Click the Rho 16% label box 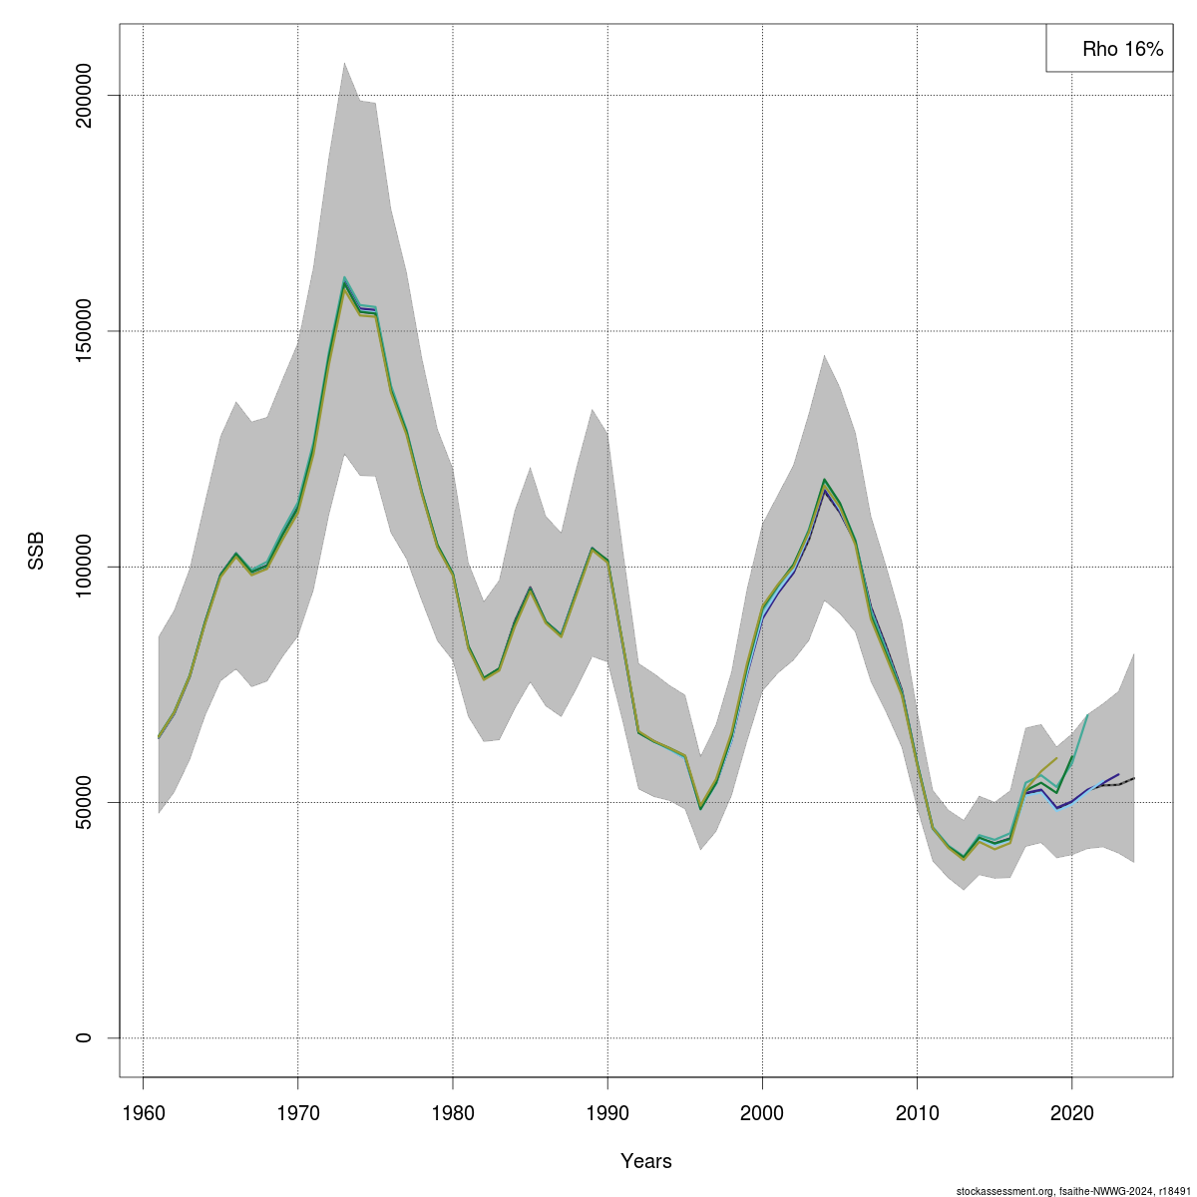click(x=1107, y=48)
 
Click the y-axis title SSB click(x=37, y=550)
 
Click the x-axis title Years click(x=645, y=1161)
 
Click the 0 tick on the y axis click(x=85, y=1037)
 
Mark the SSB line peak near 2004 click(x=824, y=482)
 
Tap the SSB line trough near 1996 click(x=700, y=808)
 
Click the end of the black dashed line click(x=1134, y=778)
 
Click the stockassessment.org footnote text click(x=1073, y=1190)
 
